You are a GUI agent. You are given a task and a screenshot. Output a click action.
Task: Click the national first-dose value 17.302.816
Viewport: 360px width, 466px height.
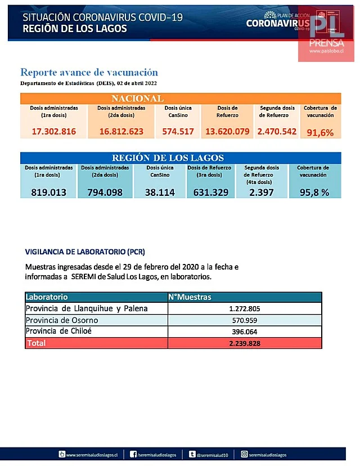(53, 132)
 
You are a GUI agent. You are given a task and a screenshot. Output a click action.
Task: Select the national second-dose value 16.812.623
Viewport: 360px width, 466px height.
(121, 132)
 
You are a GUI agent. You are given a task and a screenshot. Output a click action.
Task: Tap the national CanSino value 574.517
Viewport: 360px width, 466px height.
(178, 132)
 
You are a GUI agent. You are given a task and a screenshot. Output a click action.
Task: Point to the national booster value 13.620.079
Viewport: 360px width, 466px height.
(227, 132)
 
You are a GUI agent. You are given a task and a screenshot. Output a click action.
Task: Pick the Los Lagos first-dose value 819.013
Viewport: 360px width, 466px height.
(49, 192)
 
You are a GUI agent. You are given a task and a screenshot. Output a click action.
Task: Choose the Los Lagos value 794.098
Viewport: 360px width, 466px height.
(105, 192)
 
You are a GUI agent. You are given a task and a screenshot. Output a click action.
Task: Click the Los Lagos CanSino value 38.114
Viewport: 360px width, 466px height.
(160, 192)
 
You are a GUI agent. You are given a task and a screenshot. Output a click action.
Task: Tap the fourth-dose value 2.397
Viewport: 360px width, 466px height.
(262, 192)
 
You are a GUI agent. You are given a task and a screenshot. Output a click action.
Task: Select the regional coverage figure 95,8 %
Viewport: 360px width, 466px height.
(313, 192)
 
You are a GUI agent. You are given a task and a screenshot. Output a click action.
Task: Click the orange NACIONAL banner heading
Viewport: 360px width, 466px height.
(137, 98)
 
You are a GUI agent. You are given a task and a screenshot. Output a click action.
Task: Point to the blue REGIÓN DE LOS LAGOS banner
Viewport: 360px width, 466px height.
(168, 158)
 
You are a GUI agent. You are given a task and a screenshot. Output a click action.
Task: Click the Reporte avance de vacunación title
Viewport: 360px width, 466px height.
(89, 73)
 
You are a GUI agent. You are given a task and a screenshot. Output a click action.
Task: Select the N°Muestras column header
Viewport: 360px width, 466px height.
(190, 297)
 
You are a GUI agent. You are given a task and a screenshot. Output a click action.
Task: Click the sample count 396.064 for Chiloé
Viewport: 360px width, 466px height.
(244, 331)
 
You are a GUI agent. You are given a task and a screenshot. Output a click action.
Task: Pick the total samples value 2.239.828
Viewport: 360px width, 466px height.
(244, 343)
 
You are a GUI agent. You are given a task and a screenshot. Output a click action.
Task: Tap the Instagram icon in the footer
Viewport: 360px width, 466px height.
(245, 454)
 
